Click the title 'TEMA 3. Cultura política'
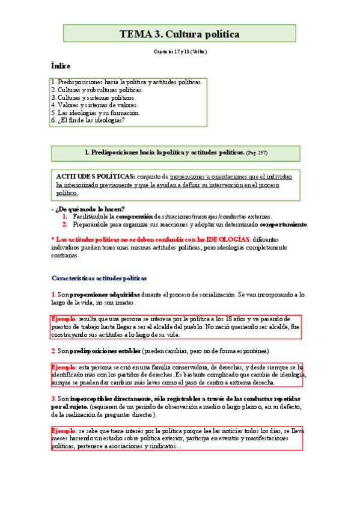click(x=180, y=34)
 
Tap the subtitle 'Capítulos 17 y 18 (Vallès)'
click(x=180, y=52)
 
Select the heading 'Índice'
click(x=61, y=66)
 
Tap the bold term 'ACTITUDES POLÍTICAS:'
click(x=96, y=177)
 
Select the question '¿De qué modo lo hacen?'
click(x=90, y=209)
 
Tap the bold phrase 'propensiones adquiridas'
click(x=105, y=295)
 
